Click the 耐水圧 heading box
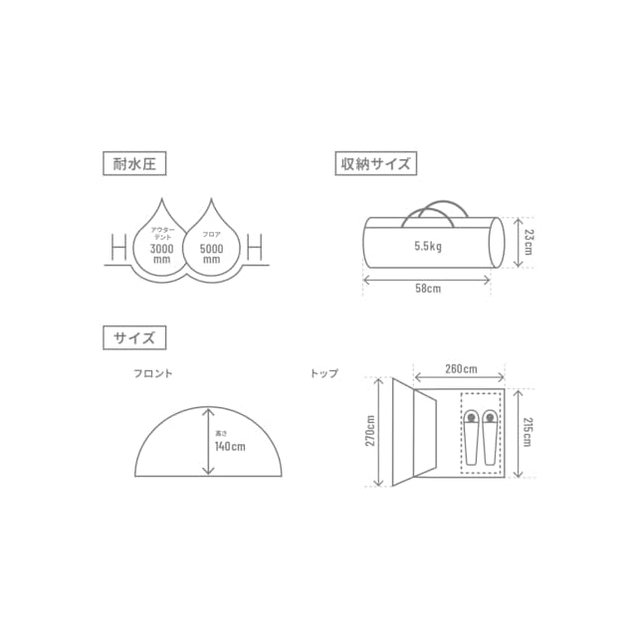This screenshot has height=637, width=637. [x=134, y=163]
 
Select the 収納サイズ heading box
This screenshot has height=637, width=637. [x=376, y=163]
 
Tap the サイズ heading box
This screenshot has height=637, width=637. [x=134, y=337]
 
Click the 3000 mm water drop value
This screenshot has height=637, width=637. [x=161, y=254]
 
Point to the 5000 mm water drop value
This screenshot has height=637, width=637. [x=211, y=254]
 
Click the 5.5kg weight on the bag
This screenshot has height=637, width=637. [x=428, y=246]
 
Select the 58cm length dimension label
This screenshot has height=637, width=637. [x=428, y=289]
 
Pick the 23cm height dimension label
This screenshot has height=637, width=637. [x=529, y=242]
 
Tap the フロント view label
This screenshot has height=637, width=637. [x=153, y=373]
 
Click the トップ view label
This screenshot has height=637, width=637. [x=324, y=373]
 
